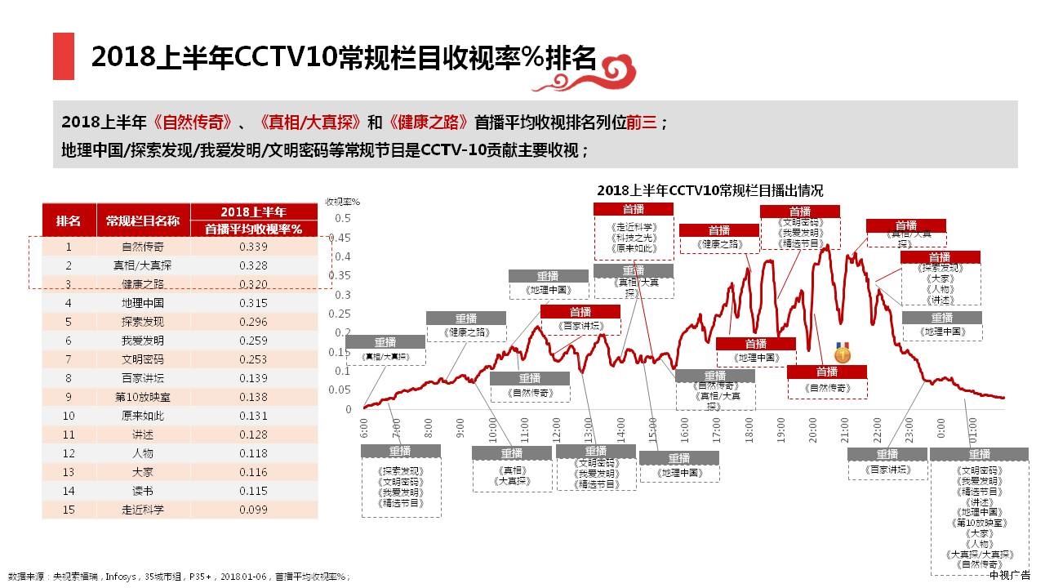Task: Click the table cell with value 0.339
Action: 254,247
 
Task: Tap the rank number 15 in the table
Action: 69,510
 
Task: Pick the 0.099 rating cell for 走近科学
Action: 254,510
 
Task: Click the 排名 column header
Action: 69,220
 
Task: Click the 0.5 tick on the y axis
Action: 342,218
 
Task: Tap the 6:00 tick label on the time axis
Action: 363,427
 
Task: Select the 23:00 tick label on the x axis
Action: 909,429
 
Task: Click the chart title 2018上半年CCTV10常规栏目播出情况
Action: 709,190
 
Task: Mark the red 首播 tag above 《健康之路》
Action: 719,230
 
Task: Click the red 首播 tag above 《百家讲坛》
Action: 580,311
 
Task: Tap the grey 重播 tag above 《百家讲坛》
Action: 887,455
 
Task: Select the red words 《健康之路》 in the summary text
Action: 429,123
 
